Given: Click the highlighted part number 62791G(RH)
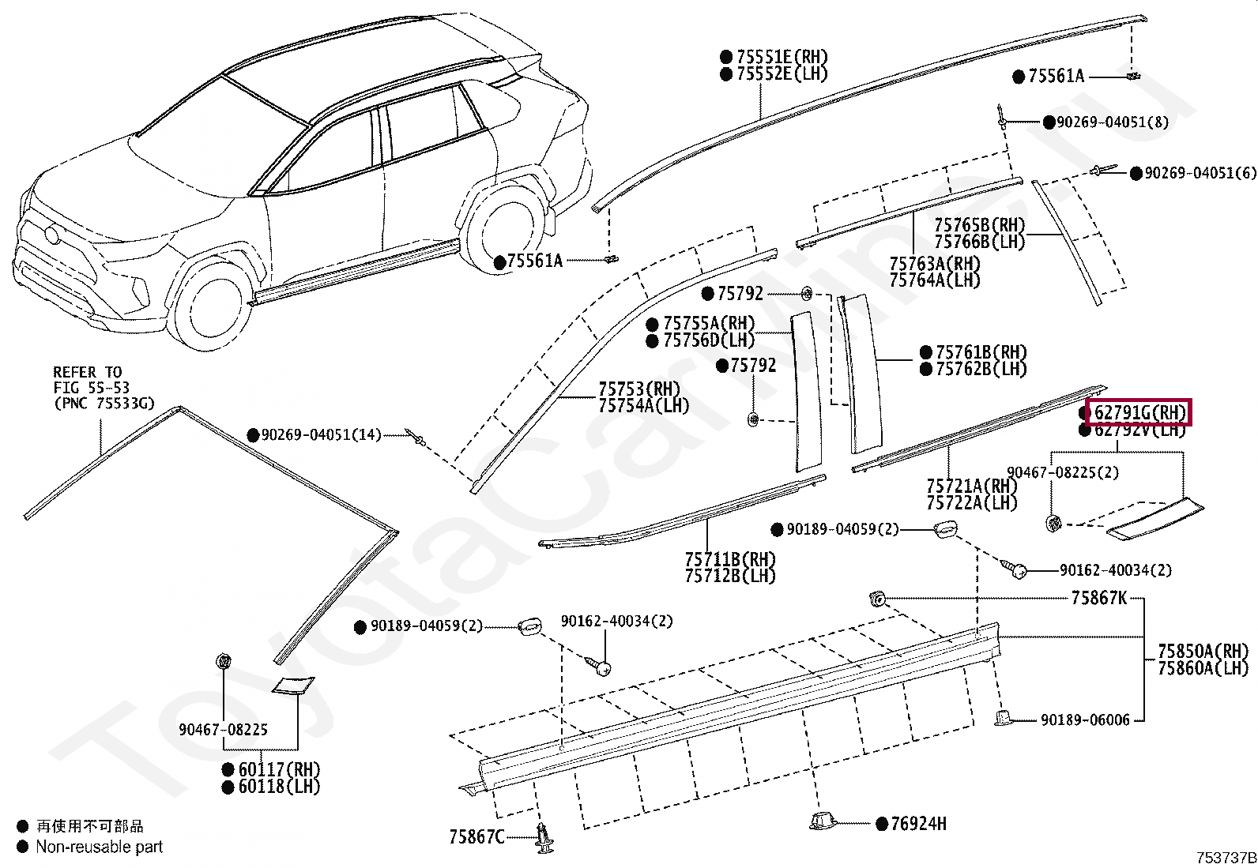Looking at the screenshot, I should pos(1139,412).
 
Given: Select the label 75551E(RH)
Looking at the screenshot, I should pos(782,57).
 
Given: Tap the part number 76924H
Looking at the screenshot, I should pos(918,824).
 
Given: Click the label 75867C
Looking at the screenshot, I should pos(476,836).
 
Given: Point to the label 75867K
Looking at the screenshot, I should pos(1098,598).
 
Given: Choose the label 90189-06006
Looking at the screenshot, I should pos(1085,720).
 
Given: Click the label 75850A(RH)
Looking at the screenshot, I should pos(1203,652).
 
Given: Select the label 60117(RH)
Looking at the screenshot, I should pos(279,769).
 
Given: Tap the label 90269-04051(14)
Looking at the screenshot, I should pos(321,435).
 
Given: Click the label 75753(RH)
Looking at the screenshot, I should pos(639,389).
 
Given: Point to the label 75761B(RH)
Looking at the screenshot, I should pos(981,352).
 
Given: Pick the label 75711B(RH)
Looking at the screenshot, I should pos(730,559).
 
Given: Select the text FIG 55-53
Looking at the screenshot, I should pos(92,388).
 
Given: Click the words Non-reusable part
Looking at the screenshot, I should pos(99,847).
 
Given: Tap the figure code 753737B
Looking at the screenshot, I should pos(1225,858).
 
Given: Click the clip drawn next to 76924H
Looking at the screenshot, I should pos(823,821).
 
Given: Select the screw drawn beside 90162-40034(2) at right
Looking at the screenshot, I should pos(1015,568).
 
